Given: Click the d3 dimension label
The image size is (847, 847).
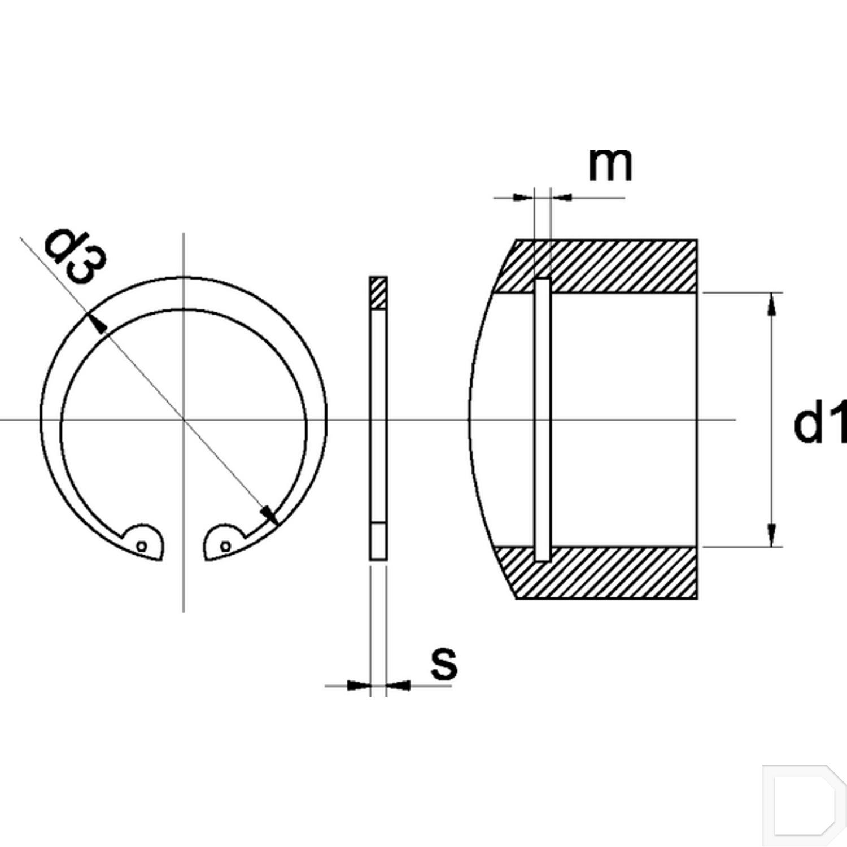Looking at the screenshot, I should pos(75,256).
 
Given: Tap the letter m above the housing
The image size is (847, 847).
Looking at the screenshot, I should pos(610,164).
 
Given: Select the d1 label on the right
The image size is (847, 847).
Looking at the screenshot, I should pos(819,422).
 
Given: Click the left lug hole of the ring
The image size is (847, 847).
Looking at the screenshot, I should pos(142,546).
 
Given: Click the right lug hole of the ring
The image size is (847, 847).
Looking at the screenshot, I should pos(225,546).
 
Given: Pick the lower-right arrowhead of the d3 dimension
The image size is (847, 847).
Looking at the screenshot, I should pos(269,514).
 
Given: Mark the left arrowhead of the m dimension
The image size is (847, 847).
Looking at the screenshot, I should pos(523,197).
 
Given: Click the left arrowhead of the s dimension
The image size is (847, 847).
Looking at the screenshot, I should pos(358,686).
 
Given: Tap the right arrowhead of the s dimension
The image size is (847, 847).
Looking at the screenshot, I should pos(399,686).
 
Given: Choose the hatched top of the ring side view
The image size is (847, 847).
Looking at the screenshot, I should pos(378,292).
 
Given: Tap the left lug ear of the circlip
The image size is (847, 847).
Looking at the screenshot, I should pos(143,542).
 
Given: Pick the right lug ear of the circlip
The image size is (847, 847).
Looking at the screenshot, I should pos(224,542).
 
